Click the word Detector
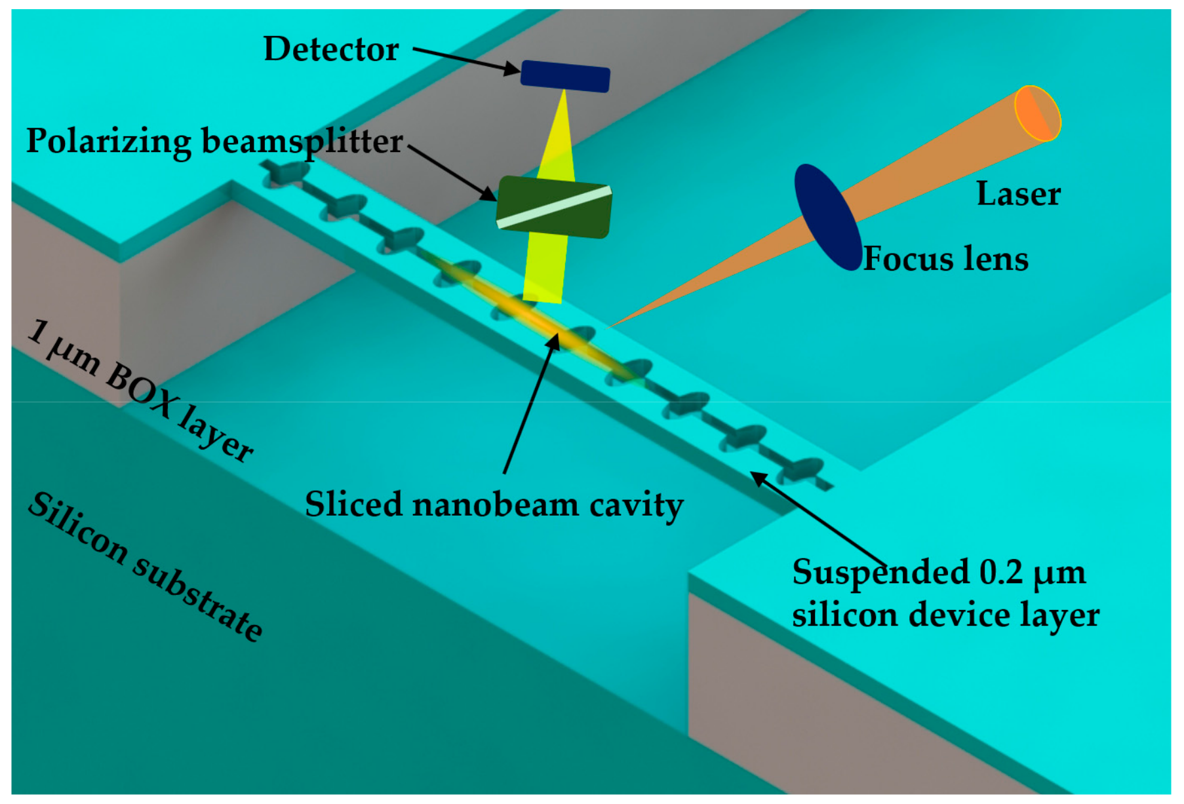tap(331, 49)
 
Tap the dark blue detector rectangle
tap(565, 76)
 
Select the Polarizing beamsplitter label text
tap(214, 142)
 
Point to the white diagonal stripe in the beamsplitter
tap(555, 207)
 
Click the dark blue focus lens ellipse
tap(827, 217)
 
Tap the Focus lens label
tap(945, 259)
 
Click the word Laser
tap(1018, 194)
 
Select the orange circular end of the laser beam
tap(1038, 113)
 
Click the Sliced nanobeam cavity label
tap(494, 505)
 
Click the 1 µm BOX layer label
tap(141, 391)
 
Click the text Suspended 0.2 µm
tap(939, 572)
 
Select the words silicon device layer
tap(945, 615)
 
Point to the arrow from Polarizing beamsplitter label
tap(452, 172)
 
